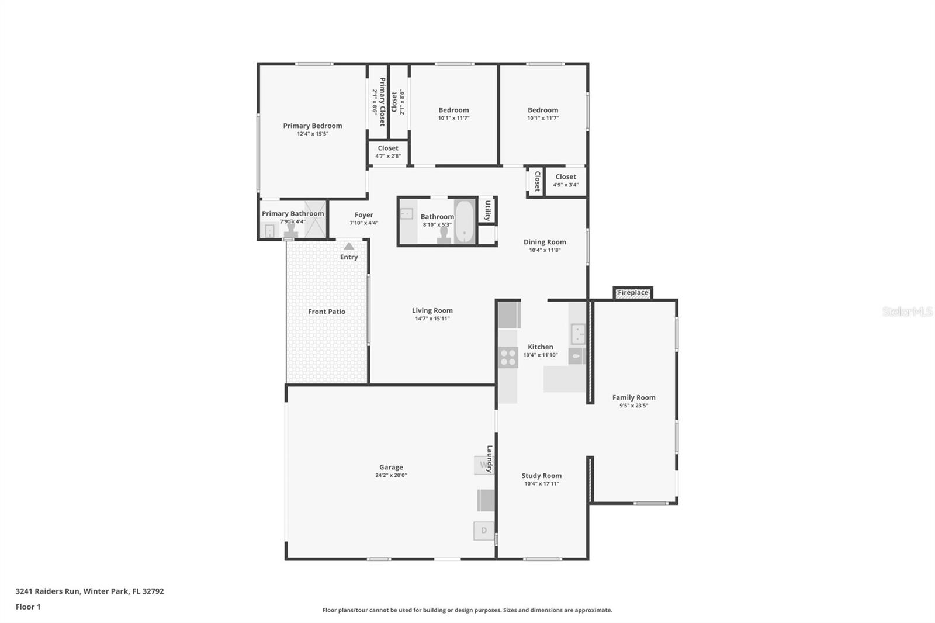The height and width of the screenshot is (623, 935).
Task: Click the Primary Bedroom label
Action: (313, 126)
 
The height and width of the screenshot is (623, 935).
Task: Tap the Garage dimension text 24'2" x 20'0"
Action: (391, 475)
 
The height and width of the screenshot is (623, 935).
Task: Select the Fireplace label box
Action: (633, 293)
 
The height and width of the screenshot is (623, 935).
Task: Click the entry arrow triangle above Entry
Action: (349, 246)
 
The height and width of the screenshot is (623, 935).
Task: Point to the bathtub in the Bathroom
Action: (465, 221)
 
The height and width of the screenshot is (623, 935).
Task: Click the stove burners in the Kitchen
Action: (508, 358)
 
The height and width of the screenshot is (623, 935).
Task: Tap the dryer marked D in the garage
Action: (484, 531)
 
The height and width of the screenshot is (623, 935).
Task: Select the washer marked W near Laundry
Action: (484, 465)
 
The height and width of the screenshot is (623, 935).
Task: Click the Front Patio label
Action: (327, 311)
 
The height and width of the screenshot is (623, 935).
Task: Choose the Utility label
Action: (487, 211)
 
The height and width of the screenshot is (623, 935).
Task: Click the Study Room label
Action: (541, 476)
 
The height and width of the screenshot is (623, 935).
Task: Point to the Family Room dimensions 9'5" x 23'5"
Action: (633, 406)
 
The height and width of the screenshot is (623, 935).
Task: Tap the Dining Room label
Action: (545, 242)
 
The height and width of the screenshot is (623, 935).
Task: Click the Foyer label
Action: (364, 215)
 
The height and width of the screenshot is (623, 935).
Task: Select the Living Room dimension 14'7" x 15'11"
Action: (432, 319)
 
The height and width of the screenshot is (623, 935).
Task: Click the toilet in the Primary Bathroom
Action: (290, 231)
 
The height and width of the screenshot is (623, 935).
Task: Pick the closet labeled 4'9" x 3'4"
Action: (566, 181)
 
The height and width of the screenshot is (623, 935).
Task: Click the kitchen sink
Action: (578, 334)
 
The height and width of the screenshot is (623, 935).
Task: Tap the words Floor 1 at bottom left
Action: (28, 607)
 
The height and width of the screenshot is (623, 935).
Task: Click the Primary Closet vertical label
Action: (382, 102)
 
